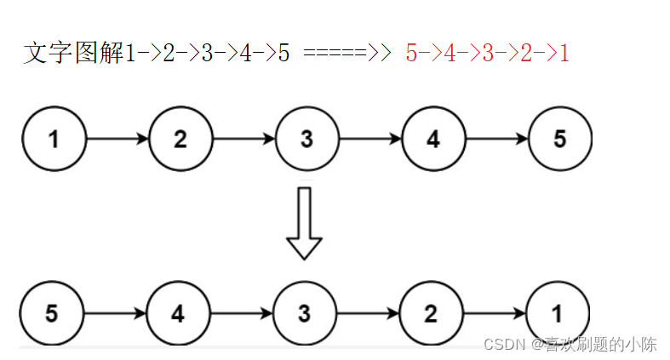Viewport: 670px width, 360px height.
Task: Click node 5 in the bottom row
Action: click(52, 313)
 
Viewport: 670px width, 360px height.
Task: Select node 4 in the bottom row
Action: click(178, 313)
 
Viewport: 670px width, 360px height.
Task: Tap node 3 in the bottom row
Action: click(304, 313)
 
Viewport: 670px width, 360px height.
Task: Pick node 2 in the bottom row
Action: click(431, 313)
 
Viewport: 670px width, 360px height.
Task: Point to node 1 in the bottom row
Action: click(557, 313)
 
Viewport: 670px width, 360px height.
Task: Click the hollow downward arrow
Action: click(304, 223)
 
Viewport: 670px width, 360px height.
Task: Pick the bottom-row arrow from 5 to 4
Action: click(115, 313)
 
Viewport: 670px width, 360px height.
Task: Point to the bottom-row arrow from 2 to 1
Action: click(494, 313)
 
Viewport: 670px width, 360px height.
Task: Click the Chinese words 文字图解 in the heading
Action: click(73, 54)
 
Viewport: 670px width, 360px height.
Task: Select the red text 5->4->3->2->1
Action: click(487, 54)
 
